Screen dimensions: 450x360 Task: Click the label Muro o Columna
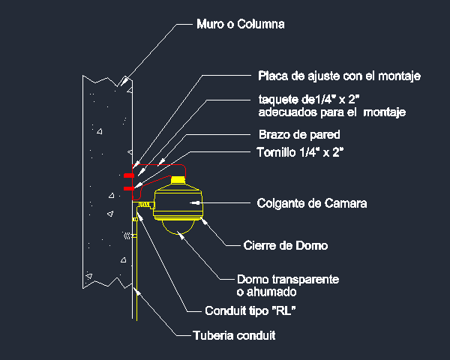241,24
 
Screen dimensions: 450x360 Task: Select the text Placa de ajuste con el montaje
339,76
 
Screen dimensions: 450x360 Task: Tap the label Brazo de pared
299,134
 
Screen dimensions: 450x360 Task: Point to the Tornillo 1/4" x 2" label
300,152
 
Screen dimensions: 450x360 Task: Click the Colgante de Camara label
312,203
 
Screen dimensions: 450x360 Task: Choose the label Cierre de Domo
286,245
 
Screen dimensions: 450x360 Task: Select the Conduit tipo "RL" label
250,310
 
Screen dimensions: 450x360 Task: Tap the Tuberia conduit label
234,335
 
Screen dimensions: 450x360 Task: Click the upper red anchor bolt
129,175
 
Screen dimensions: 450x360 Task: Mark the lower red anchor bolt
129,188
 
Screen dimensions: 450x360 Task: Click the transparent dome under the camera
178,228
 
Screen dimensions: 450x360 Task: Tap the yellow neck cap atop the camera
178,180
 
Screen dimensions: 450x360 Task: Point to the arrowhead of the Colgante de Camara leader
194,202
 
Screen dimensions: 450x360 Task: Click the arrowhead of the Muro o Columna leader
124,82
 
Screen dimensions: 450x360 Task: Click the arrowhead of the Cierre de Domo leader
204,222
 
